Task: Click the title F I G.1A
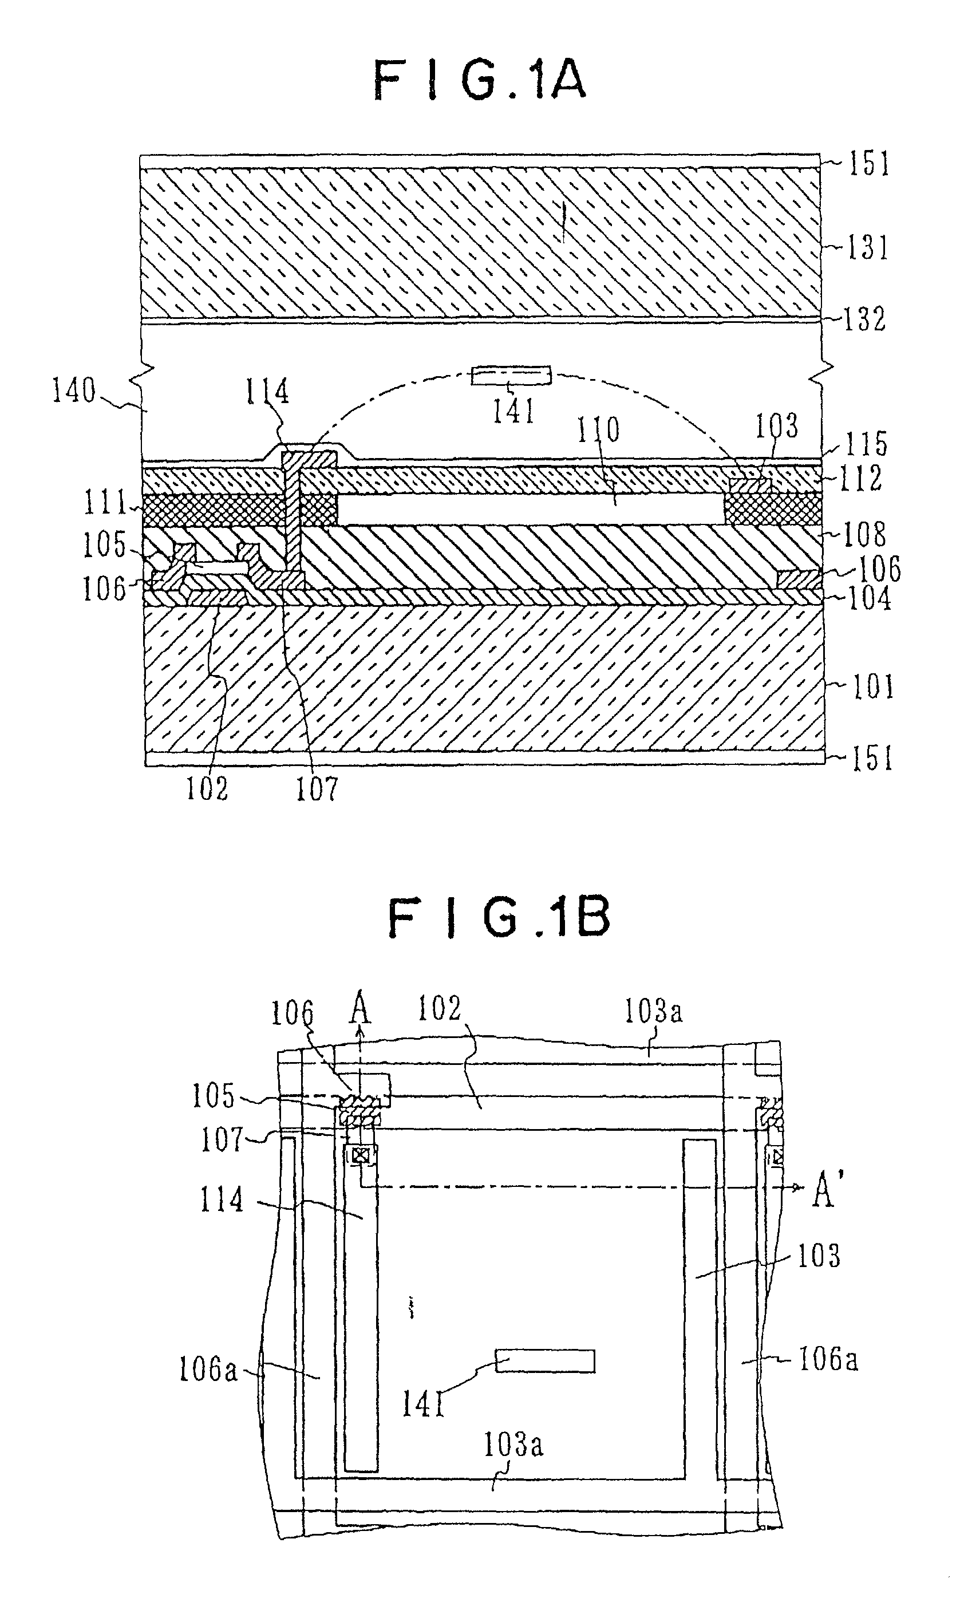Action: click(479, 80)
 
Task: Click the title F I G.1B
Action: click(499, 919)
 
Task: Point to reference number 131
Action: click(867, 248)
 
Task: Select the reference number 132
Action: click(864, 319)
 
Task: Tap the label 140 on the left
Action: click(74, 391)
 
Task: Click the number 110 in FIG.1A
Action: click(598, 429)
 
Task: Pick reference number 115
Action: click(866, 444)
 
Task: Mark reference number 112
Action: click(861, 478)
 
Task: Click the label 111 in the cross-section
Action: click(105, 503)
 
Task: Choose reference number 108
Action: click(865, 534)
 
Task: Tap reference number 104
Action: click(869, 598)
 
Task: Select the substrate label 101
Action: click(872, 687)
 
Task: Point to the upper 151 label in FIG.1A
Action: click(870, 163)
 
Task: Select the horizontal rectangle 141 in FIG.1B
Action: click(545, 1360)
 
